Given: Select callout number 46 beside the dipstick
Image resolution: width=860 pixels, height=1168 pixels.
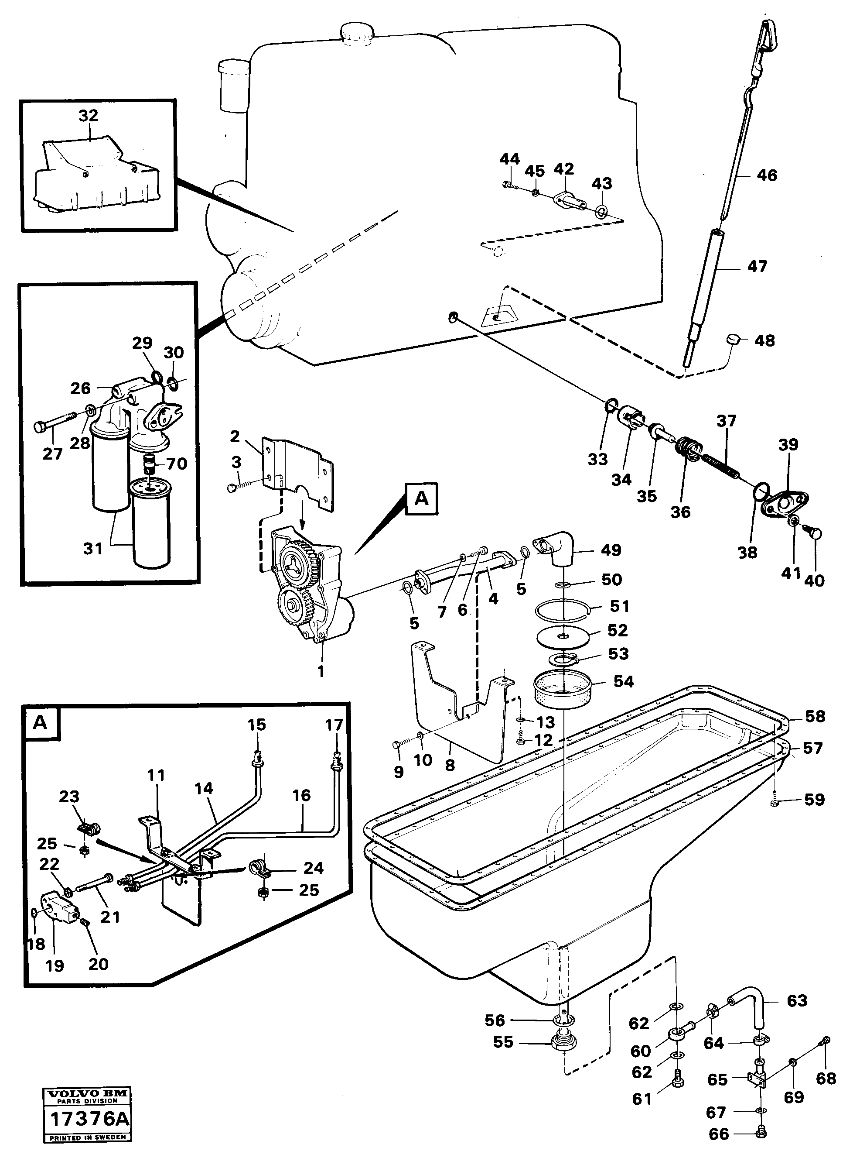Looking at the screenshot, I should pyautogui.click(x=766, y=175).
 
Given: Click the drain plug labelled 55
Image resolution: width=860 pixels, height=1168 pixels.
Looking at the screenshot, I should pyautogui.click(x=564, y=1044).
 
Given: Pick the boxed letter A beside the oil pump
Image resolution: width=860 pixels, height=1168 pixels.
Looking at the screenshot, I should pyautogui.click(x=422, y=498).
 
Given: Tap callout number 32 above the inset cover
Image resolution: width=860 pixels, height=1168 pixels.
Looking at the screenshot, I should pyautogui.click(x=88, y=116).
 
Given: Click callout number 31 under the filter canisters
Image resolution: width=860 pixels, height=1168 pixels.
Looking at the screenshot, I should pyautogui.click(x=93, y=549).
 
